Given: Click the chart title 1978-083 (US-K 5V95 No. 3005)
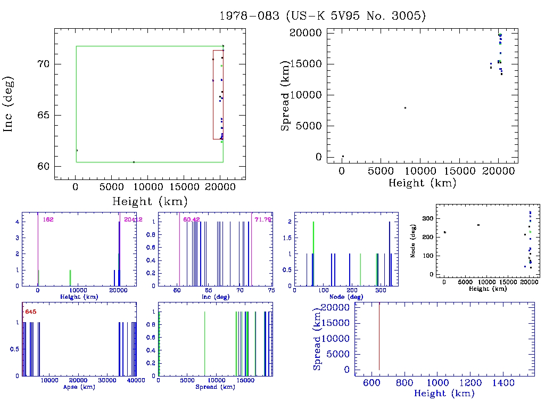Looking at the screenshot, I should click(323, 16).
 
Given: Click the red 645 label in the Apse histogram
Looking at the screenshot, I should click(30, 311).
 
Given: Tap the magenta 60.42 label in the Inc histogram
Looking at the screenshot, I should click(191, 219).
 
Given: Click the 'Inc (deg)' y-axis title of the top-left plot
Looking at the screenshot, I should click(9, 104).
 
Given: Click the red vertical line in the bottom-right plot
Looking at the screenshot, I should click(379, 336).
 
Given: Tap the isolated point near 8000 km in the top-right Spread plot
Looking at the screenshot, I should click(405, 108).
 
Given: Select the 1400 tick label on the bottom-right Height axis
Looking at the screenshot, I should click(503, 383).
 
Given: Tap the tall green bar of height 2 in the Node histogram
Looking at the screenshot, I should click(313, 253).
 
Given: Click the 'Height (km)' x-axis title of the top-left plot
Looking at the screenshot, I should click(150, 201).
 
